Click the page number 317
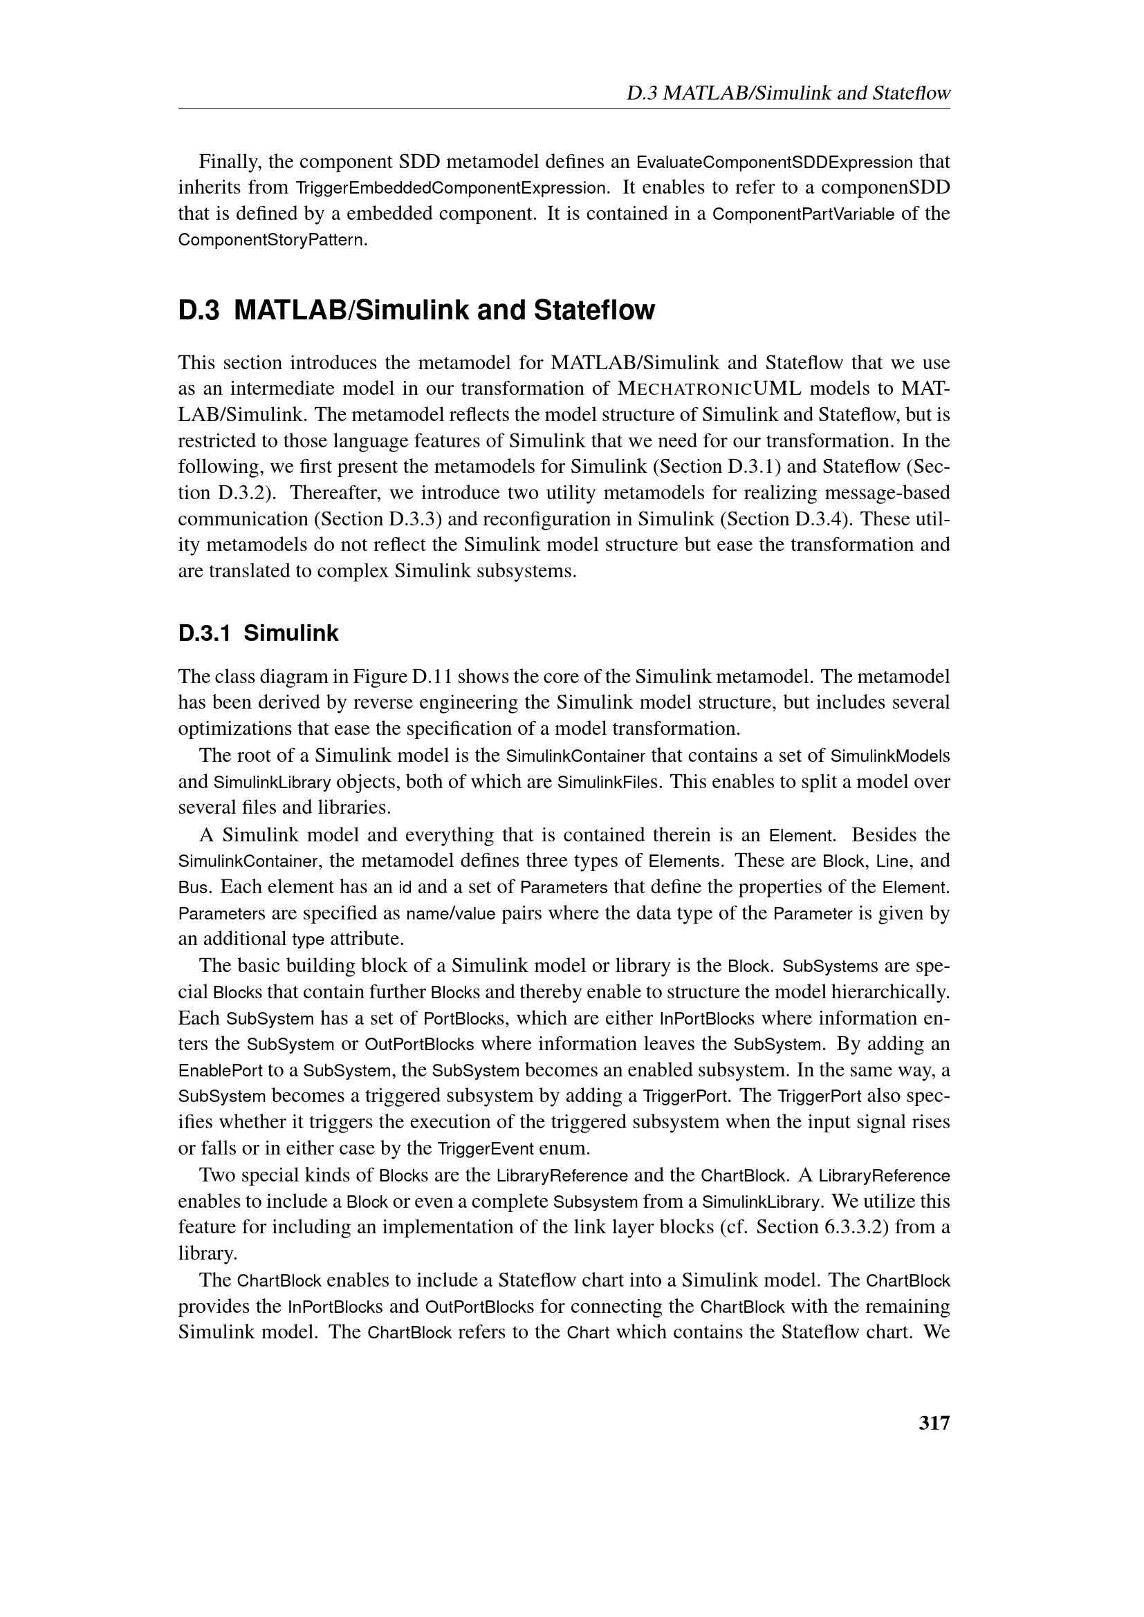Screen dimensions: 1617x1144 934,1423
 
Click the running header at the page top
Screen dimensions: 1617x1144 788,93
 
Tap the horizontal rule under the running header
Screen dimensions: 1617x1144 564,109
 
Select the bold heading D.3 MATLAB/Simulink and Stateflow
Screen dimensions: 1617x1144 416,310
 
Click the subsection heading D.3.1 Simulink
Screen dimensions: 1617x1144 259,634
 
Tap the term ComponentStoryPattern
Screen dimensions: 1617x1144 272,240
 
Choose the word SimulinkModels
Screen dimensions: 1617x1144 890,756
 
